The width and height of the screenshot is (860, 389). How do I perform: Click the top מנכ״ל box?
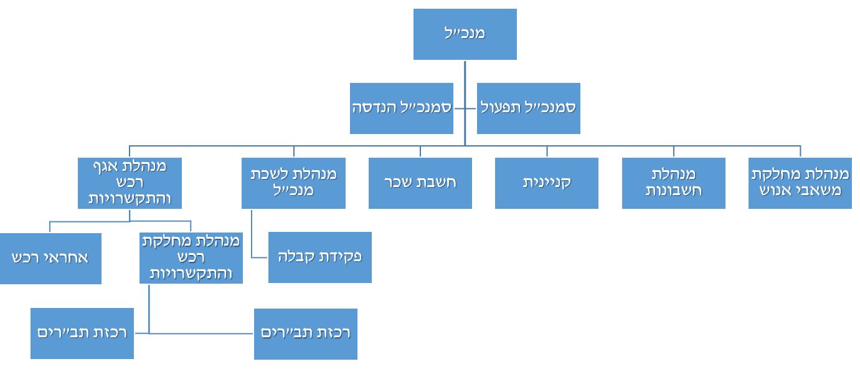(x=465, y=34)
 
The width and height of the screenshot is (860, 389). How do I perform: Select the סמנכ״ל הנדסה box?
(x=401, y=108)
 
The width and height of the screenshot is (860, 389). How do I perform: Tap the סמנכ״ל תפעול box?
(x=528, y=108)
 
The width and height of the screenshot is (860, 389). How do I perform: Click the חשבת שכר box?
(x=420, y=183)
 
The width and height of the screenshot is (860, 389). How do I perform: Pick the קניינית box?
(x=546, y=183)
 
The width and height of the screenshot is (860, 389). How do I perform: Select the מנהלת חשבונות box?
(x=673, y=183)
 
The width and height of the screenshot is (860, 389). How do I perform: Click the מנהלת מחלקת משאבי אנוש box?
(x=800, y=183)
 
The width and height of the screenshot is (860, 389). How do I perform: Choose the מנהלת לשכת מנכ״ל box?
(x=293, y=183)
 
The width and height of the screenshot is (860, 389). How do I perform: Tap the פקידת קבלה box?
(x=319, y=257)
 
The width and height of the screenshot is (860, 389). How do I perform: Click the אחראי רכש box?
(x=50, y=258)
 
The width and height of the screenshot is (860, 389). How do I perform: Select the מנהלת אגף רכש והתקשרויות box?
(x=129, y=183)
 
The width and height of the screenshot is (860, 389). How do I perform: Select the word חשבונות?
(x=673, y=191)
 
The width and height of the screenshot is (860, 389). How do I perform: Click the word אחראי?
(x=67, y=258)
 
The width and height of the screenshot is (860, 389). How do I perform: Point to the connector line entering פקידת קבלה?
(x=260, y=257)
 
